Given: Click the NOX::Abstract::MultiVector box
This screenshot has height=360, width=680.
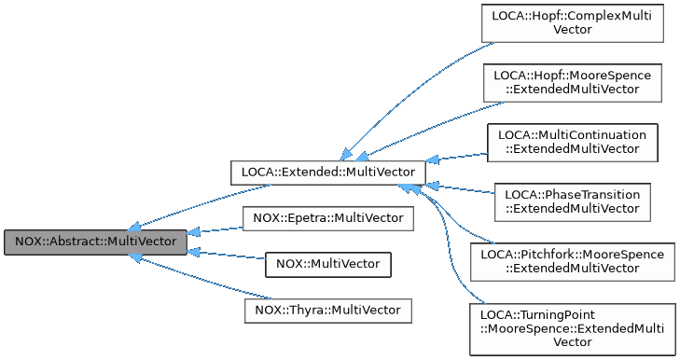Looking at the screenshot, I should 95,242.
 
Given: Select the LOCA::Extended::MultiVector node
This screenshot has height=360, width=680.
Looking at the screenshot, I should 328,173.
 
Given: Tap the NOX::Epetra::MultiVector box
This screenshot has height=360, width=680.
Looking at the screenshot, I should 327,218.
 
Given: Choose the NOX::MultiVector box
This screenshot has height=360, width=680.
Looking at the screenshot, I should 327,264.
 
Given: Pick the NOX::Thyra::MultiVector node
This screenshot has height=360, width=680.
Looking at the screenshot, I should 327,310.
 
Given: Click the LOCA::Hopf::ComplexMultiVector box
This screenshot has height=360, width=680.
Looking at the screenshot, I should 573,22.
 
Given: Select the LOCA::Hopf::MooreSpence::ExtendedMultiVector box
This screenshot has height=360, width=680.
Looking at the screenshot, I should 573,81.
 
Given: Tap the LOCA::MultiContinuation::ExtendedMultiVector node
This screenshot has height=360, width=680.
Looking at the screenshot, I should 573,142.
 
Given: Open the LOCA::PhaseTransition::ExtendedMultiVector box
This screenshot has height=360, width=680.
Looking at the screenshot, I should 573,201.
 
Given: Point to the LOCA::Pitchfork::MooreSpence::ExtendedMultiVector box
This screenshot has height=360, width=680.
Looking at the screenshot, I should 573,261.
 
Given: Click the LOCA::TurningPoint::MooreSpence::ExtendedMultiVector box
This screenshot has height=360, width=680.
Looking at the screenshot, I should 573,327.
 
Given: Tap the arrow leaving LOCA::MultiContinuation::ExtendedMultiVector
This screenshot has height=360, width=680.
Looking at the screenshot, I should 457,156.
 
